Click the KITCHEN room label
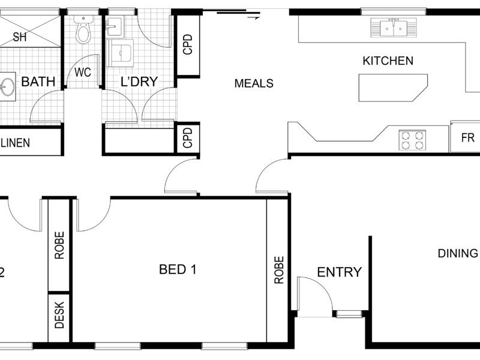388,61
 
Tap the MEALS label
254,83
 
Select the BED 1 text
178,269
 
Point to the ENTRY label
339,272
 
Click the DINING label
458,253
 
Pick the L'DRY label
139,82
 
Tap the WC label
83,73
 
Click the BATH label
38,82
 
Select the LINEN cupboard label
16,143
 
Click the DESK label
59,314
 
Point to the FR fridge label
467,138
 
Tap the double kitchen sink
394,28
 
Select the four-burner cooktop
412,140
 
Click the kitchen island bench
393,88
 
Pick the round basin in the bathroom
7,87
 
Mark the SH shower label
20,37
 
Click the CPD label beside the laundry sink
188,44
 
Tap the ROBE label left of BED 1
59,245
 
